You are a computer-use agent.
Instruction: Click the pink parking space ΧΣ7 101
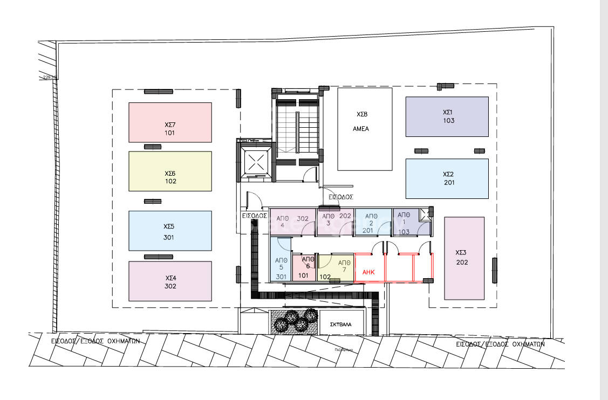point(170,122)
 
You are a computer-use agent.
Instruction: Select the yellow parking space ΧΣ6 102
point(170,171)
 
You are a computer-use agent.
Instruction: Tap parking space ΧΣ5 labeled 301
point(170,231)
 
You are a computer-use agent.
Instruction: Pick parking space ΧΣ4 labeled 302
point(170,281)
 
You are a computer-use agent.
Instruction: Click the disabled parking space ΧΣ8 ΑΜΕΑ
point(365,129)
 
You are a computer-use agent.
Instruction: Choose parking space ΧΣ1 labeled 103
point(447,116)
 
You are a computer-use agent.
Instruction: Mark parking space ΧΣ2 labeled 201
point(447,178)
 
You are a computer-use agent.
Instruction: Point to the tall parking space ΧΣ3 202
point(464,258)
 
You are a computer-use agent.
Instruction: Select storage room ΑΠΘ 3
point(335,222)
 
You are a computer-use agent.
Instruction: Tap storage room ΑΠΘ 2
point(373,222)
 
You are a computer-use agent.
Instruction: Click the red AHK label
point(369,272)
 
